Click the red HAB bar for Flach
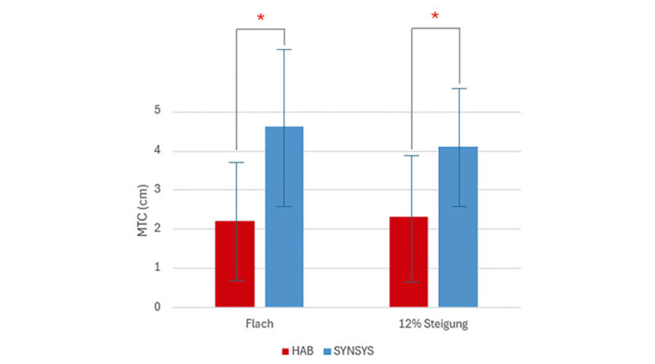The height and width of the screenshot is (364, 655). (x=235, y=264)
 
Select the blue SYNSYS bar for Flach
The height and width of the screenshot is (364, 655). (x=283, y=217)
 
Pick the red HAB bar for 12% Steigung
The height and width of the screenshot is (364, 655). (x=410, y=262)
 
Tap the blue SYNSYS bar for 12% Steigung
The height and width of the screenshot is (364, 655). (x=458, y=227)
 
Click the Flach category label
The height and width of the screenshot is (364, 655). (x=260, y=324)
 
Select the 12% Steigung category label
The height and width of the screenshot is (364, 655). (x=434, y=324)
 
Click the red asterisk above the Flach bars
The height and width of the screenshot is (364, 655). (x=260, y=17)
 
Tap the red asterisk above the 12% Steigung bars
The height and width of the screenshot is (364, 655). (x=435, y=17)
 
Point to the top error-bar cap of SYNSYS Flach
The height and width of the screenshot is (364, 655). (x=283, y=49)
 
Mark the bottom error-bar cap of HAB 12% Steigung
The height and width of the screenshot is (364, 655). (x=410, y=281)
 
